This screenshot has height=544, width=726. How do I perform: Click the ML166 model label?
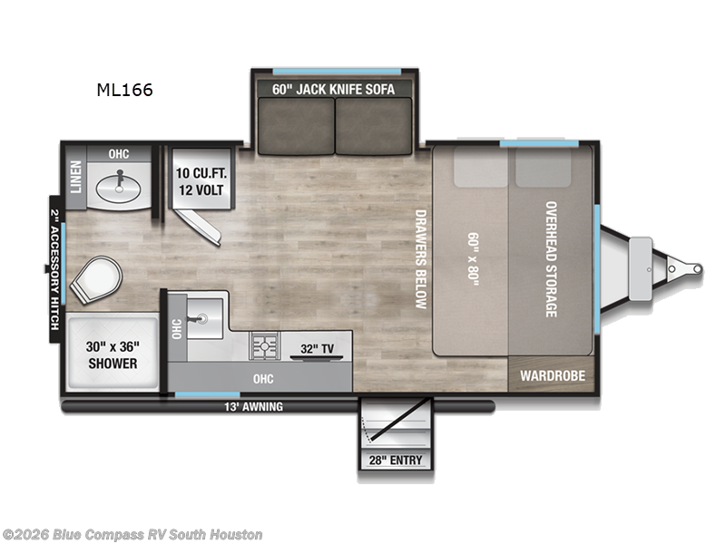(125, 90)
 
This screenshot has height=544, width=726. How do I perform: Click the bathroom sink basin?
(119, 188)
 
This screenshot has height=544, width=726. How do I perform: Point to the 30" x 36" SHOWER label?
(113, 355)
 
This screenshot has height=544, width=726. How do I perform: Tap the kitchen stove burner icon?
(266, 345)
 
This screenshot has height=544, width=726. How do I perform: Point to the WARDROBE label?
(552, 375)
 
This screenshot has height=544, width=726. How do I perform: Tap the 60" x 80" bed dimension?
(473, 257)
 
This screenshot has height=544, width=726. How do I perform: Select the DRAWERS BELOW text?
(420, 259)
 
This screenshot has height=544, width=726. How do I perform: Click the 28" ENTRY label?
(395, 460)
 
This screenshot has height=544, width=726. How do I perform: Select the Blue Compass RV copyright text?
(133, 535)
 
